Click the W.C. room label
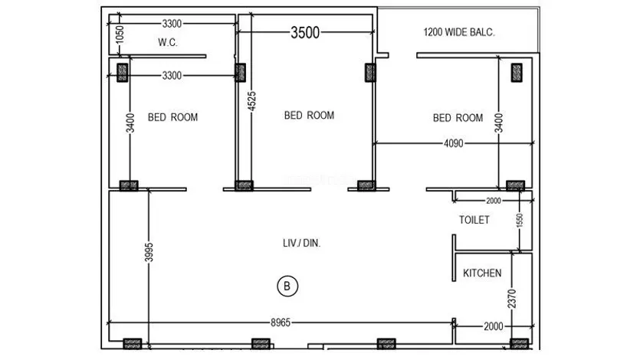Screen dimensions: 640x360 pos(167,42)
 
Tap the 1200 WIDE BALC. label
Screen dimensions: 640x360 pos(459,32)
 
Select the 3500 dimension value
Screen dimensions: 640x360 pos(305,33)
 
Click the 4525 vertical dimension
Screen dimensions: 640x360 pos(252,101)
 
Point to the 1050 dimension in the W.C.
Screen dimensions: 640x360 pos(119,34)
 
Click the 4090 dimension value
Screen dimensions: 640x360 pos(454,143)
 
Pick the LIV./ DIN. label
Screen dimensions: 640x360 pos(302,243)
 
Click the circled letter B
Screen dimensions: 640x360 pos(287,286)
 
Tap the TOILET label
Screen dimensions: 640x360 pos(474,220)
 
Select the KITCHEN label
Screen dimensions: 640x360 pos(482,273)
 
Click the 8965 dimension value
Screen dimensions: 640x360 pos(281,322)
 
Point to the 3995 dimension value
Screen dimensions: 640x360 pos(149,252)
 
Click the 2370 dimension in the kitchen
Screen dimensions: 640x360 pos(512,299)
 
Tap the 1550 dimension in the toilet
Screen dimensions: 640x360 pos(520,221)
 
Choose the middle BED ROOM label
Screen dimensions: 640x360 pos(309,116)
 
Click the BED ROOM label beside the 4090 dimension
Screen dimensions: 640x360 pos(458,118)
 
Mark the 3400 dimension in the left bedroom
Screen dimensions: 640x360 pos(130,123)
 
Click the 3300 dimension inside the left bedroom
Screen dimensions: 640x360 pos(172,75)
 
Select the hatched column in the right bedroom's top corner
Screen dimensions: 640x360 pos(517,73)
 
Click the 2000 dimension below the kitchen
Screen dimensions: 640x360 pos(494,326)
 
